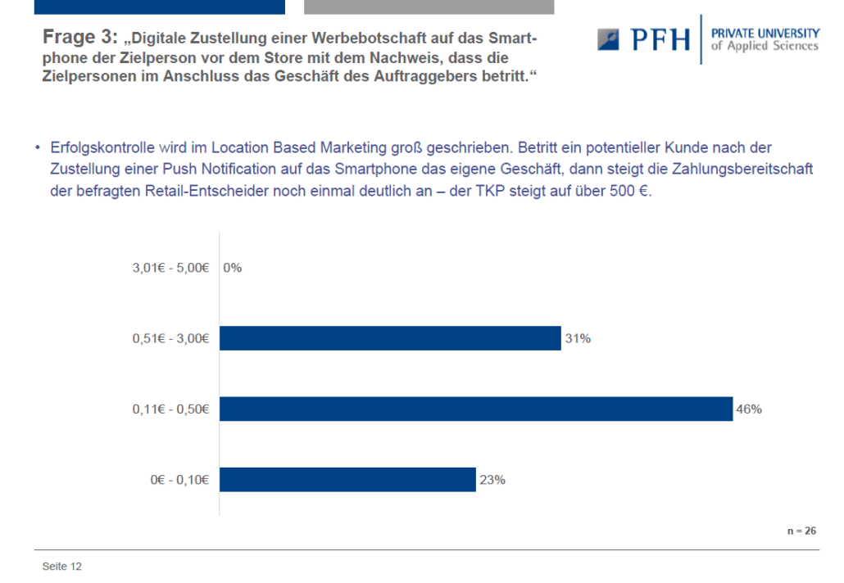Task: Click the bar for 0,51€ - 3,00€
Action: [x=390, y=338]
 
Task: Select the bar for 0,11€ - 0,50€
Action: [x=476, y=409]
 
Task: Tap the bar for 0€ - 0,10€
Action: [x=347, y=479]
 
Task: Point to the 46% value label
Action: [x=749, y=409]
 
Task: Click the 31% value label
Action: [x=578, y=338]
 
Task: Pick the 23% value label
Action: [x=492, y=480]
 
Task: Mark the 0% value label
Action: [x=232, y=268]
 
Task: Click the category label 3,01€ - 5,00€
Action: [x=170, y=268]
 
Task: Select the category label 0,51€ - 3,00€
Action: [x=170, y=338]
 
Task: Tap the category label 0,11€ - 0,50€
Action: [x=170, y=409]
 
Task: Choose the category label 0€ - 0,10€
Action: [x=179, y=480]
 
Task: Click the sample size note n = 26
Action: [x=801, y=531]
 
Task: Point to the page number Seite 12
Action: [x=62, y=567]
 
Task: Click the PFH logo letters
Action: [x=660, y=40]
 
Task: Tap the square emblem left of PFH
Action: [x=608, y=40]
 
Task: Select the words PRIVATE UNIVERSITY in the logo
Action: [x=765, y=34]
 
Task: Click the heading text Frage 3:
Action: [x=79, y=37]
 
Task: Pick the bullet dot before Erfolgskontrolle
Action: [x=38, y=147]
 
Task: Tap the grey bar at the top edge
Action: [x=429, y=7]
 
